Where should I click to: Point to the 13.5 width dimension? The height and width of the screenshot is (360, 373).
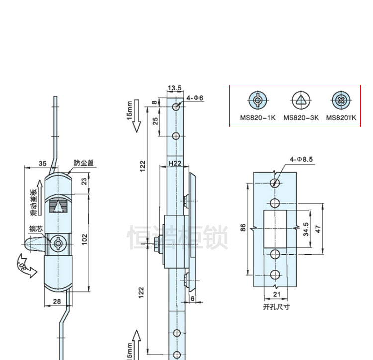click(x=175, y=88)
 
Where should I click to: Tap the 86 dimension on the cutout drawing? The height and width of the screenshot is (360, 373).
click(x=243, y=228)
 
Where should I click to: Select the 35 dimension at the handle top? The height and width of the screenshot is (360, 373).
click(x=42, y=163)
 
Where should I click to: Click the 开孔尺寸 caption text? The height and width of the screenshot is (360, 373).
click(x=276, y=307)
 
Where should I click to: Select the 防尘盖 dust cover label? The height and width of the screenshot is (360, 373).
click(x=84, y=163)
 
